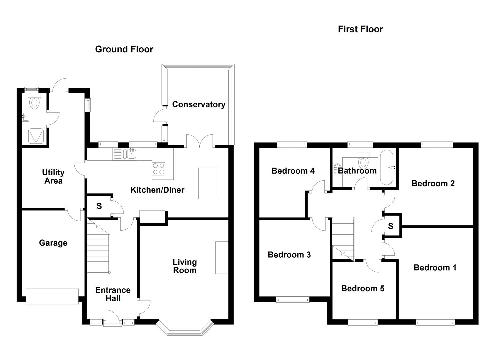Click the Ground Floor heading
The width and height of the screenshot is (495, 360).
tap(124, 49)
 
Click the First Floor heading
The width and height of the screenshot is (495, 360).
tap(360, 29)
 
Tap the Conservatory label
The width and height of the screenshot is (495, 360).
tap(198, 104)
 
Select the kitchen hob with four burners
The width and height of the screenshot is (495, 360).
tap(158, 168)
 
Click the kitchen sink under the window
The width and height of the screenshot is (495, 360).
tap(130, 154)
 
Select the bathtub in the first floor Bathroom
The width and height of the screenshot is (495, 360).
tap(387, 167)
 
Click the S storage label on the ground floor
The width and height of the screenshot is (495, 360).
tap(99, 206)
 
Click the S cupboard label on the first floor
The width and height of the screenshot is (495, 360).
tap(390, 226)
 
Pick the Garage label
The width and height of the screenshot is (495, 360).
tap(53, 243)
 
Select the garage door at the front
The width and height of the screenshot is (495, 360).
tap(52, 296)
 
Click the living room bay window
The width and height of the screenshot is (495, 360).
tap(185, 328)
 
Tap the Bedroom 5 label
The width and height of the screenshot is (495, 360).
tap(363, 288)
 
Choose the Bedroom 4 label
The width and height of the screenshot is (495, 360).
tap(293, 171)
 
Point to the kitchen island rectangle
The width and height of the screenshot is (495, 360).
tap(208, 183)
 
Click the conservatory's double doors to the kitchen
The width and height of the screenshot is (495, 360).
tap(199, 142)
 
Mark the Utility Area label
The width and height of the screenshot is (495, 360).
tap(53, 177)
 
